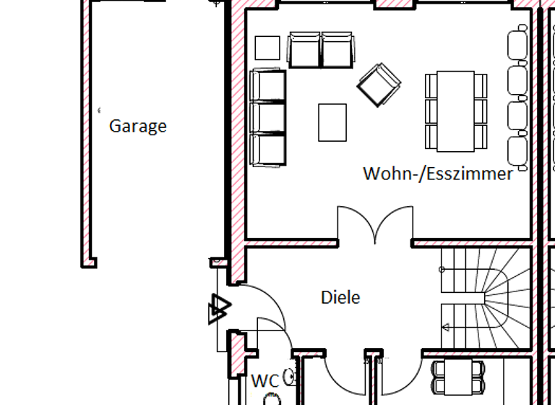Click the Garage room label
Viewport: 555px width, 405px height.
(x=137, y=127)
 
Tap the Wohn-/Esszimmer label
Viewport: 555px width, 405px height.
(x=437, y=174)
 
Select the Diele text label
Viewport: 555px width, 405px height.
(x=340, y=297)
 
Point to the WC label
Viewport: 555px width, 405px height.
(x=264, y=380)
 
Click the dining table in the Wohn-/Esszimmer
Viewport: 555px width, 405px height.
(x=455, y=111)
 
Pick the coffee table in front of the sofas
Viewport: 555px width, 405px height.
(x=332, y=122)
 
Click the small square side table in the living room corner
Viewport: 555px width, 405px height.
(x=267, y=48)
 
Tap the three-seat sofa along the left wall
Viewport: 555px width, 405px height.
(x=267, y=118)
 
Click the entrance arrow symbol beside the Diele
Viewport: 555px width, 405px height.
(x=218, y=309)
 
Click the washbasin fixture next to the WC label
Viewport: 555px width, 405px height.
(x=291, y=375)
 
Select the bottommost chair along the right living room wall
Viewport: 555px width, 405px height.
(x=517, y=153)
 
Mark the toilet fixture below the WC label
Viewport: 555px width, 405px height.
(x=271, y=399)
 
